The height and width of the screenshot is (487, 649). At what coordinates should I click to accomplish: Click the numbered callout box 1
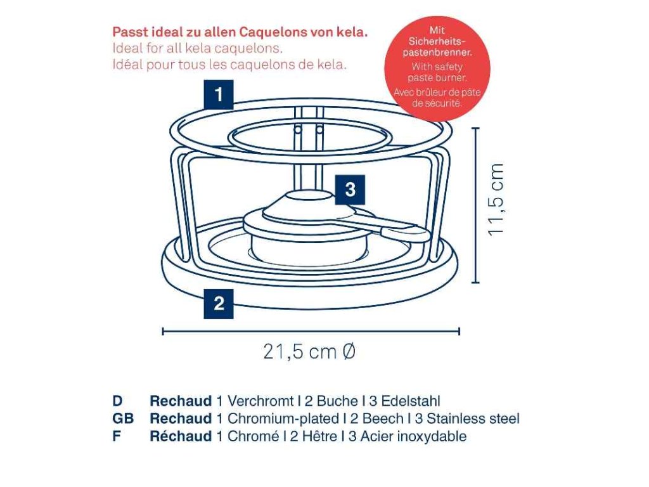click(x=219, y=95)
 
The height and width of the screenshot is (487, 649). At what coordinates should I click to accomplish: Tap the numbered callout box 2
click(x=219, y=303)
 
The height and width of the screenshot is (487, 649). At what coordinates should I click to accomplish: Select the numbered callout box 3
click(x=350, y=188)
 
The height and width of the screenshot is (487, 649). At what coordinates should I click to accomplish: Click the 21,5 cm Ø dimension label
click(x=309, y=351)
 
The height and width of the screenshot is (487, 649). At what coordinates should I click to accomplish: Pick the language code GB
click(x=123, y=419)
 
